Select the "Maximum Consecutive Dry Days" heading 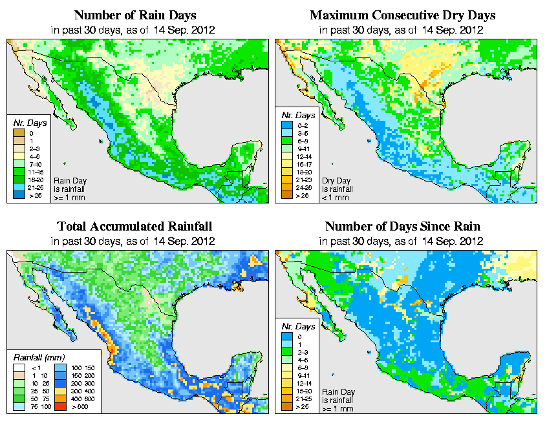pos(402,14)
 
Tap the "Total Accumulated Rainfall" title pos(134,226)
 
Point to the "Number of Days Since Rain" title pos(402,226)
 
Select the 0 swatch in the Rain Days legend pos(19,133)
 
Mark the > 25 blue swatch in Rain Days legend pos(19,194)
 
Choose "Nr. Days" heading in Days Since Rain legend pos(301,326)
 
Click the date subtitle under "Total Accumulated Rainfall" pos(134,240)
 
